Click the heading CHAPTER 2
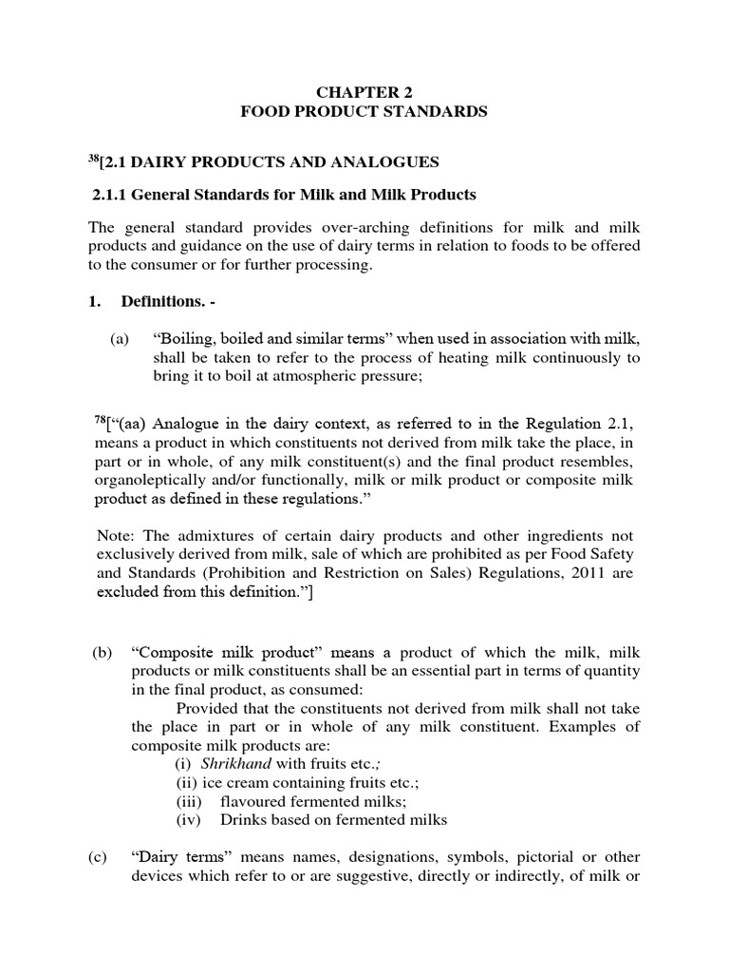pos(364,91)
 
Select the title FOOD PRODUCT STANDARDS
pos(364,112)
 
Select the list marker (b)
pos(103,653)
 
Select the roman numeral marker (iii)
pos(190,801)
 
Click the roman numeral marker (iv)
pos(190,820)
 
